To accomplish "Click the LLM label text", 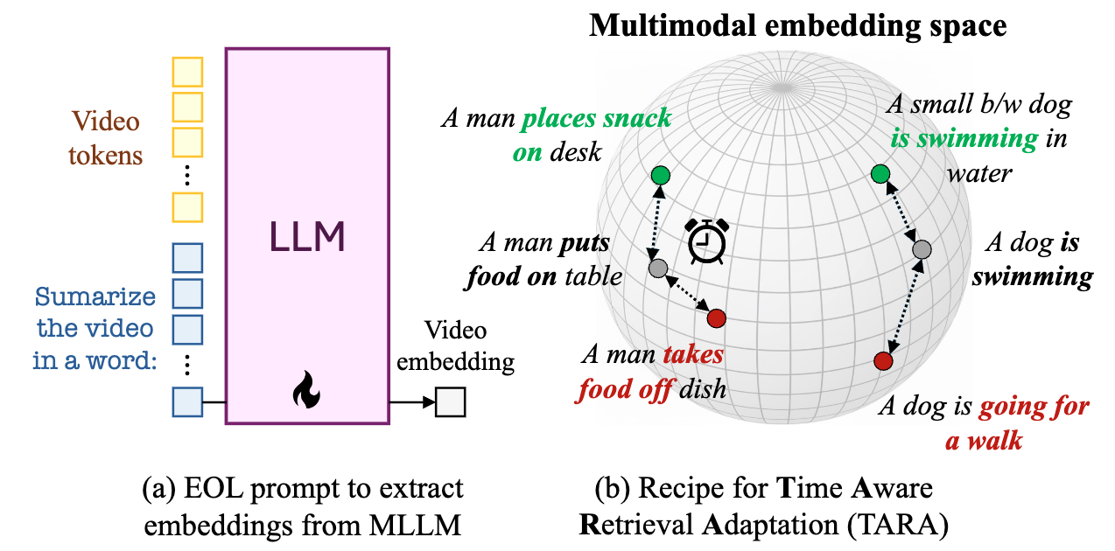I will tap(306, 236).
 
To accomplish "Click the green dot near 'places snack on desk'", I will tap(661, 176).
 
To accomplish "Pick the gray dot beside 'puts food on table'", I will tap(657, 267).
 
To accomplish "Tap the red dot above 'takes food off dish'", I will tap(717, 317).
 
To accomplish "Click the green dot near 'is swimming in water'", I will tap(880, 175).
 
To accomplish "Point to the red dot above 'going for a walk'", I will tap(883, 360).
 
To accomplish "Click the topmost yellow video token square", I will tap(187, 71).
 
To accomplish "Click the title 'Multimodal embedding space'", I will tap(797, 25).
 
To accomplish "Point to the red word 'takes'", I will tap(692, 354).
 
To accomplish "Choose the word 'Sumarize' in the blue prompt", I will tap(95, 296).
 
